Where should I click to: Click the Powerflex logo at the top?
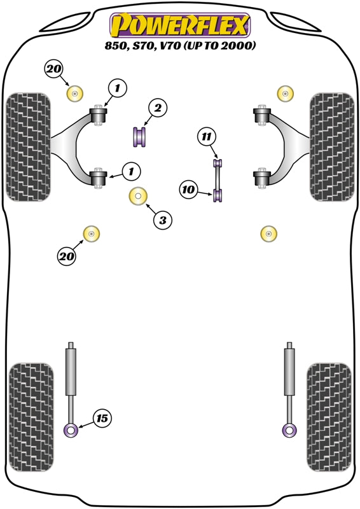point(180,25)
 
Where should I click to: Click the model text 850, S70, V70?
point(180,46)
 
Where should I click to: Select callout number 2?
point(158,108)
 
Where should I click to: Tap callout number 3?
point(162,220)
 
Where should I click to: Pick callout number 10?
point(188,189)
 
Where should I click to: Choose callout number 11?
point(205,137)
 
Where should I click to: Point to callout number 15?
point(102,418)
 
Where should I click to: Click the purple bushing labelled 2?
point(140,136)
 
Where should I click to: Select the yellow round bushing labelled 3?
point(138,197)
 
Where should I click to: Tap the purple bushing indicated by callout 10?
point(219,195)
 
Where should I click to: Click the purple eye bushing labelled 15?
point(71,431)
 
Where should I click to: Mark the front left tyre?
point(27,146)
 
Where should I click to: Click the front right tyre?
point(331,146)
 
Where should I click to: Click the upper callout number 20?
point(55,69)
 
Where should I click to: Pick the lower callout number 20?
point(66,256)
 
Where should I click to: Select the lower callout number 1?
point(131,171)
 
